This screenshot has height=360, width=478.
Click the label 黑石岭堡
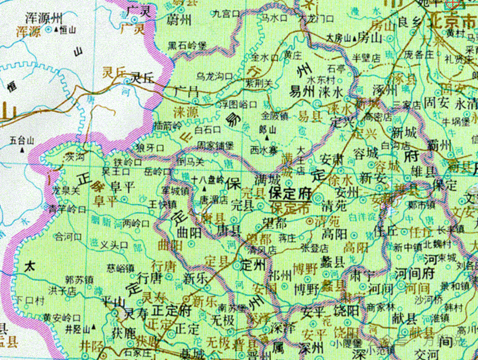click(188, 46)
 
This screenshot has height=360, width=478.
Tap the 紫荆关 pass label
click(259, 83)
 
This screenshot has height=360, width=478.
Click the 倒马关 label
click(191, 162)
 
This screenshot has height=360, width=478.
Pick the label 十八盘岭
click(208, 180)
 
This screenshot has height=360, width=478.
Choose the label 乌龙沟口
click(214, 75)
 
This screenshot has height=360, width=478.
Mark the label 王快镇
click(163, 204)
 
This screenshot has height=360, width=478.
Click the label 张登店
click(314, 247)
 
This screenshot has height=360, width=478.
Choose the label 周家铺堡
click(215, 145)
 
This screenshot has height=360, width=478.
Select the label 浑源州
click(43, 18)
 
